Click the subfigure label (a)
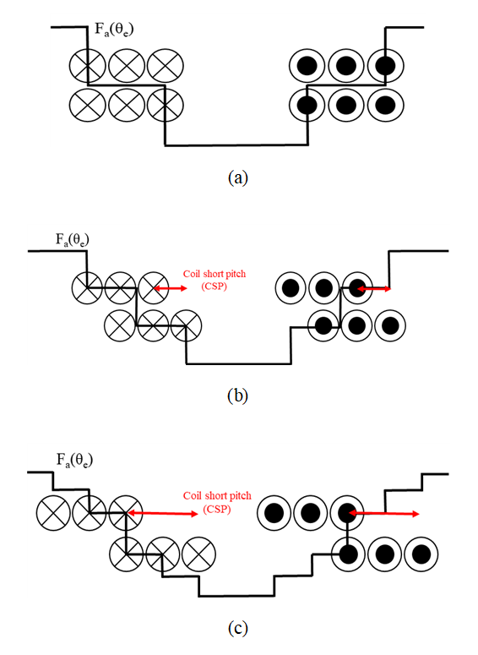(238, 177)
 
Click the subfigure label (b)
(238, 396)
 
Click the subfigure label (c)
(238, 628)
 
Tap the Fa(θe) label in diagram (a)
(114, 30)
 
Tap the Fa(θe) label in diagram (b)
(73, 240)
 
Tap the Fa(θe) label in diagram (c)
(74, 461)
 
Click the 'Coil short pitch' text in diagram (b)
(215, 274)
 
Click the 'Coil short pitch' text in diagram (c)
(217, 496)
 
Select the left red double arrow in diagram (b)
(171, 288)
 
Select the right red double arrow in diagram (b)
(374, 288)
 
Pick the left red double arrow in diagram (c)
(163, 513)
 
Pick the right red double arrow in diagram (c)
(383, 513)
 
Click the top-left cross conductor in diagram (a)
(87, 66)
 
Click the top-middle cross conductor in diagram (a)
(127, 66)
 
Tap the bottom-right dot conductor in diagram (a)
(386, 105)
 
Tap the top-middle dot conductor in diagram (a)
(346, 66)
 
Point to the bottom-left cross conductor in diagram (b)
(120, 325)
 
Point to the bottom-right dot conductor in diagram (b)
(390, 325)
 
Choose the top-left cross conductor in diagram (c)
(53, 513)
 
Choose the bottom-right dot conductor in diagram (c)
(421, 554)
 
